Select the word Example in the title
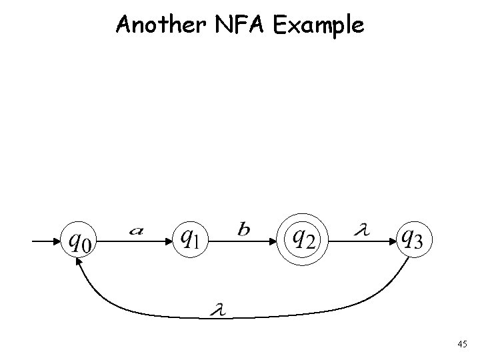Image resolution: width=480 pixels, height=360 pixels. (x=320, y=26)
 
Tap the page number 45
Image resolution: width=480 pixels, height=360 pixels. (x=462, y=343)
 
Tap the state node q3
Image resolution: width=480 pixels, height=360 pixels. (x=416, y=238)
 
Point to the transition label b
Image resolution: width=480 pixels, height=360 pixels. (x=244, y=229)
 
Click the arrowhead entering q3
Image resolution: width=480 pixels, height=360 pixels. (x=392, y=239)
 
